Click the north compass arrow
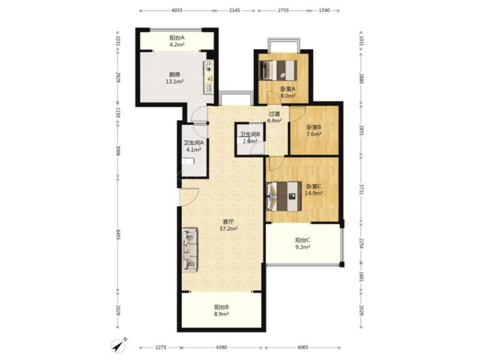pos(118,346)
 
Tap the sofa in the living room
pos(190,250)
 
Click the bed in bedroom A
pos(278,70)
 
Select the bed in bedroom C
pos(284,197)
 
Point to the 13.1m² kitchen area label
pos(175,82)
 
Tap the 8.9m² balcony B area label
pos(221,314)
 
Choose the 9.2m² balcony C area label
pos(302,247)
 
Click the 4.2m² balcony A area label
pos(177,44)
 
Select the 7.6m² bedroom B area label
pos(314,134)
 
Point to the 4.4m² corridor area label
pos(274,121)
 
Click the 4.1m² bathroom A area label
pos(193,149)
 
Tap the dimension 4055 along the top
pos(176,10)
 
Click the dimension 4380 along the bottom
pos(221,347)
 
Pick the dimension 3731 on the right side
pos(362,189)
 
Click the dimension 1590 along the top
pos(324,10)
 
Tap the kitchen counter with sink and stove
pos(209,77)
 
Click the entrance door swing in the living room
pos(189,197)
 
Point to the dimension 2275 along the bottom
pos(161,347)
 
